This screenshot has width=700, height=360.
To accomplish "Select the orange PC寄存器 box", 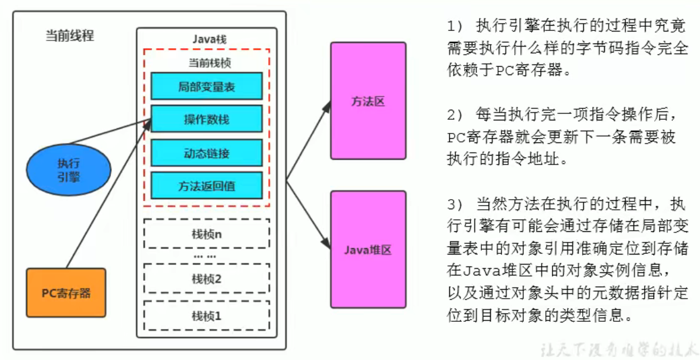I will [66, 293].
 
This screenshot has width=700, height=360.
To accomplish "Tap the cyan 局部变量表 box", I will [206, 86].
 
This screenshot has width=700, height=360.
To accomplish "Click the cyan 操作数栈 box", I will [206, 119].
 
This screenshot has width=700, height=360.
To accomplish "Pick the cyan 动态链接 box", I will [206, 153].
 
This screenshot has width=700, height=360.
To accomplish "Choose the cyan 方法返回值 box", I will [206, 186].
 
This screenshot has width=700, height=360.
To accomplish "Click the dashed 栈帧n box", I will [206, 234].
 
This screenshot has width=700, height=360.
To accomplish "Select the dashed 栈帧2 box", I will [206, 278].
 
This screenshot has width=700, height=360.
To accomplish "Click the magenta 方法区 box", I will [368, 101].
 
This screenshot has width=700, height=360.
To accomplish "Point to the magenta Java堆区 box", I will [368, 250].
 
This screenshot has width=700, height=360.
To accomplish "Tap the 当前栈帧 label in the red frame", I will [206, 63].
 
